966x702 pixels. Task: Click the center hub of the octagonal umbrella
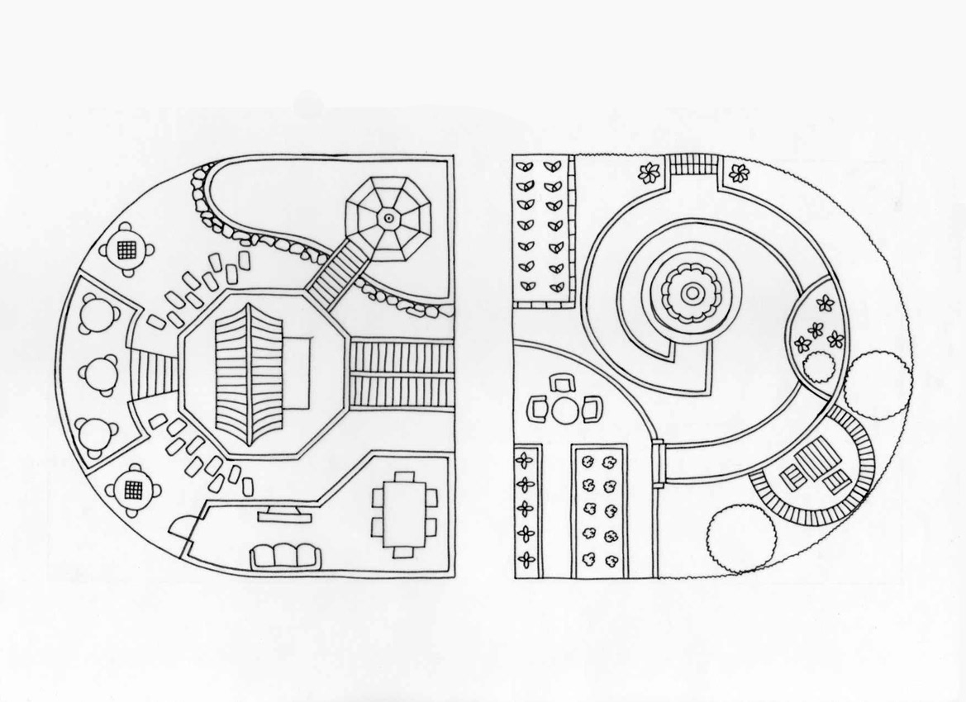(388, 218)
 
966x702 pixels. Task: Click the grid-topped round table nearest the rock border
(126, 249)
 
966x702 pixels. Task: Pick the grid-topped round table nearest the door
(132, 490)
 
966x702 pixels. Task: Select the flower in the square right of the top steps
(740, 173)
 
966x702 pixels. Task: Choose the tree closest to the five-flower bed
(878, 384)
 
